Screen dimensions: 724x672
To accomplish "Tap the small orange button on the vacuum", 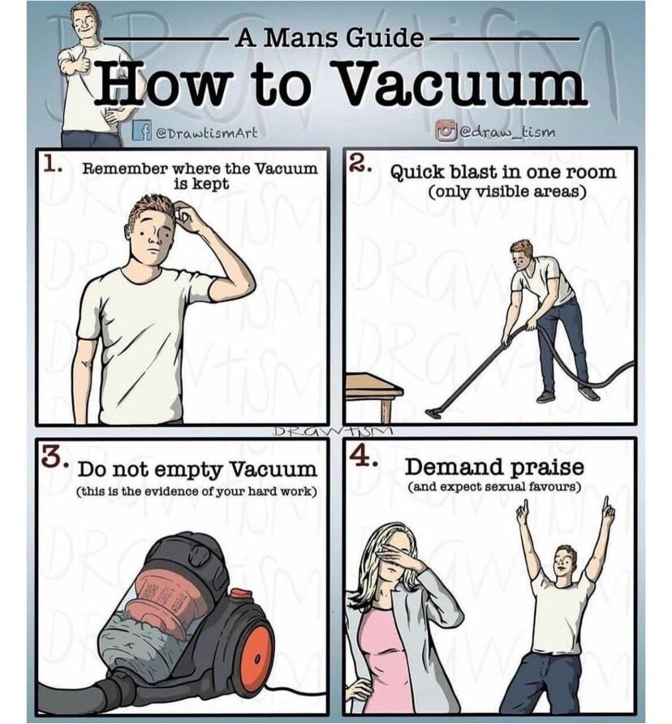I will pyautogui.click(x=239, y=593).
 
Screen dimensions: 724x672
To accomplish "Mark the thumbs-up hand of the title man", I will pyautogui.click(x=70, y=60).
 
